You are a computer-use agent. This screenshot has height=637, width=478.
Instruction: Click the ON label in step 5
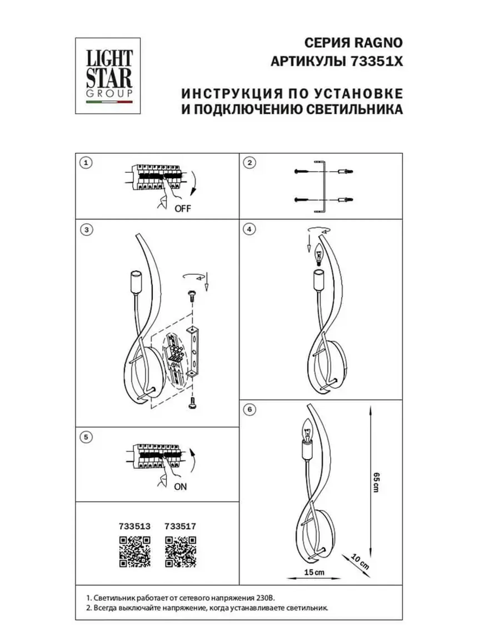(180, 487)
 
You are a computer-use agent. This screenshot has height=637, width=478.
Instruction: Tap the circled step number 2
(250, 163)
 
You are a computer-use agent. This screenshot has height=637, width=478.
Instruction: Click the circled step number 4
(249, 229)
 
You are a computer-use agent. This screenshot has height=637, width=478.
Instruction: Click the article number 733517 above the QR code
(180, 526)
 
